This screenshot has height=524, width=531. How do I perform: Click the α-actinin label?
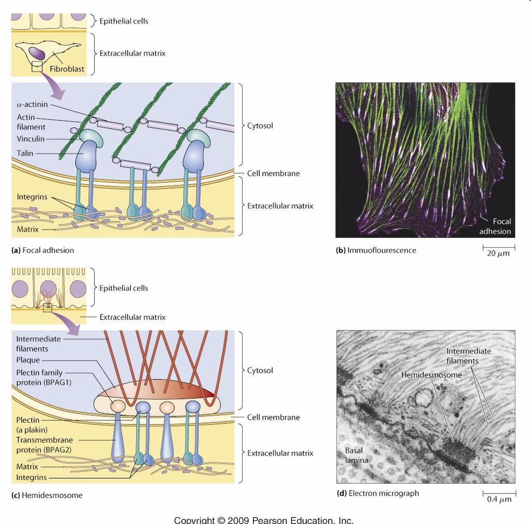pos(32,104)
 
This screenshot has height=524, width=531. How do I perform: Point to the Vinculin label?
pos(31,139)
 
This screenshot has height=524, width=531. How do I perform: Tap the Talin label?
pos(25,153)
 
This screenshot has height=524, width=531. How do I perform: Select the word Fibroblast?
pos(67,69)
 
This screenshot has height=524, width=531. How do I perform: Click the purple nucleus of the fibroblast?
pos(37,53)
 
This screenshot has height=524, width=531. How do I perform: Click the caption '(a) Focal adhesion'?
pos(43,250)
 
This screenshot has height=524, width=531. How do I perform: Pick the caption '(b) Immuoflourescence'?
pos(376,250)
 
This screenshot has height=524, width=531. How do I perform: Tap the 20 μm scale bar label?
pos(498,253)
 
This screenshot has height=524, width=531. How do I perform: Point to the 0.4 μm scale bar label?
pos(499,499)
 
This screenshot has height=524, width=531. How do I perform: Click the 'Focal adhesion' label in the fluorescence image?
pos(495,226)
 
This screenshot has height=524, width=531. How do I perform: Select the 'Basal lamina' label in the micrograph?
pos(356,455)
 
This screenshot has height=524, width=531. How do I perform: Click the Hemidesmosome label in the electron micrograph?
pos(431,375)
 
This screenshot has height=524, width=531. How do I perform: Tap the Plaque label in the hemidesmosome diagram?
pos(28,360)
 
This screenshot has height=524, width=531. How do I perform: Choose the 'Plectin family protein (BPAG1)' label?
pos(44,377)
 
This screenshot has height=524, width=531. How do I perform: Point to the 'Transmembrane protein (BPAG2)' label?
pos(45,445)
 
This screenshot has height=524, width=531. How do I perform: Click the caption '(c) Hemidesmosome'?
pos(47,495)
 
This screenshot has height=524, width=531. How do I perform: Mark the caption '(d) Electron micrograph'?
pos(378,493)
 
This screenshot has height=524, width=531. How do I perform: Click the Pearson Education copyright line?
pos(264,520)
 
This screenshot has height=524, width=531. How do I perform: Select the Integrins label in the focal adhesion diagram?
pos(32,196)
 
